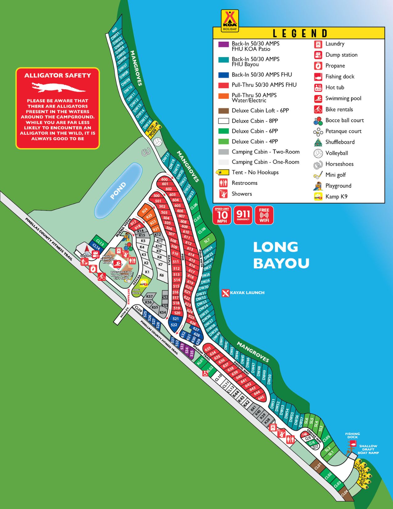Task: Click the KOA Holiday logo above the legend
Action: pyautogui.click(x=229, y=21)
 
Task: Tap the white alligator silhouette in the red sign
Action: pyautogui.click(x=58, y=87)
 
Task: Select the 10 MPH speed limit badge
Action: pyautogui.click(x=222, y=215)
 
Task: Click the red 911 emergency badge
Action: pyautogui.click(x=243, y=215)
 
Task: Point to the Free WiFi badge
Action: pyautogui.click(x=264, y=215)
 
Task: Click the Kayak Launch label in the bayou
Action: pyautogui.click(x=244, y=293)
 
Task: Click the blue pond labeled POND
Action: pyautogui.click(x=118, y=190)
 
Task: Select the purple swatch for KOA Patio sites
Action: pyautogui.click(x=223, y=44)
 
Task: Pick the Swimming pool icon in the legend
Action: pyautogui.click(x=318, y=99)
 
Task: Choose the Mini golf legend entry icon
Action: pyautogui.click(x=318, y=175)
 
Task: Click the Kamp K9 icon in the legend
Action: pyautogui.click(x=318, y=197)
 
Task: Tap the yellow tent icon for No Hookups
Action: pyautogui.click(x=222, y=172)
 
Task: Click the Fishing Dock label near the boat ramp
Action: pyautogui.click(x=352, y=435)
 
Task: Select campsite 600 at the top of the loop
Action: pyautogui.click(x=164, y=179)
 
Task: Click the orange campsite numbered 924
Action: pyautogui.click(x=144, y=211)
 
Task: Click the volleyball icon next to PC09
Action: pyautogui.click(x=158, y=142)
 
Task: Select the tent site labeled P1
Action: pyautogui.click(x=356, y=464)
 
